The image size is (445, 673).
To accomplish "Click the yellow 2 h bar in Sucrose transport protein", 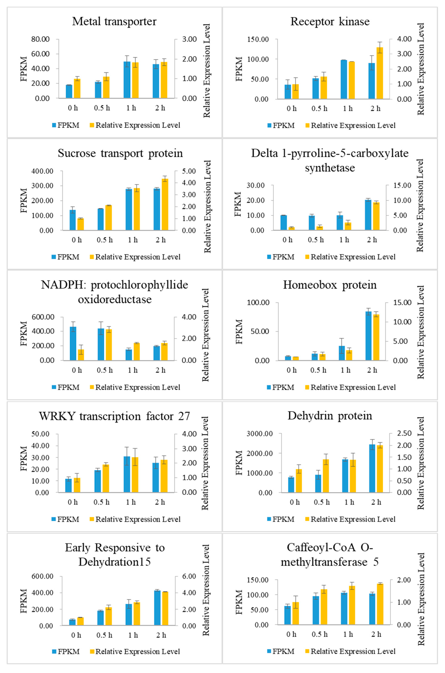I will (x=165, y=204).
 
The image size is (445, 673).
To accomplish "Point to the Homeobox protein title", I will (x=330, y=285).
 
